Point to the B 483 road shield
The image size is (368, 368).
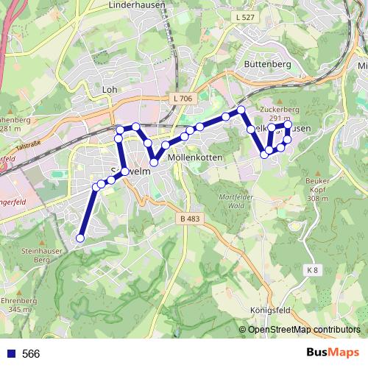pos(189,219)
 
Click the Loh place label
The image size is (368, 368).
pos(111,89)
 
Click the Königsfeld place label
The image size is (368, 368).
pos(272,309)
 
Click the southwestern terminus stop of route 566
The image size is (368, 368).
pos(80,238)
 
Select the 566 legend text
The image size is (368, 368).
pos(31,354)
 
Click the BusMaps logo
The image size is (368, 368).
pos(332,353)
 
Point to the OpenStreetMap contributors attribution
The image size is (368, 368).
pos(304,330)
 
